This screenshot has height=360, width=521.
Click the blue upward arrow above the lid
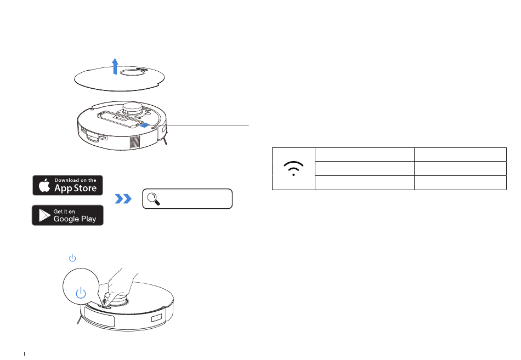(115, 65)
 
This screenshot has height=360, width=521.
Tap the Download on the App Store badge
(68, 185)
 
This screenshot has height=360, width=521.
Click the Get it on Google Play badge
(68, 215)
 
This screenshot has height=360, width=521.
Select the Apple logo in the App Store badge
(43, 185)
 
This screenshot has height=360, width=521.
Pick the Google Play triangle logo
(43, 215)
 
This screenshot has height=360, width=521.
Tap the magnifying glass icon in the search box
(154, 199)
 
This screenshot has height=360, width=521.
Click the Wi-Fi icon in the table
(294, 169)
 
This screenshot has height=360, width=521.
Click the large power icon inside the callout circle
(81, 293)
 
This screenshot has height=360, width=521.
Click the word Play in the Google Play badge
(89, 219)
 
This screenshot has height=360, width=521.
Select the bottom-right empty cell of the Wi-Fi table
(460, 183)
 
